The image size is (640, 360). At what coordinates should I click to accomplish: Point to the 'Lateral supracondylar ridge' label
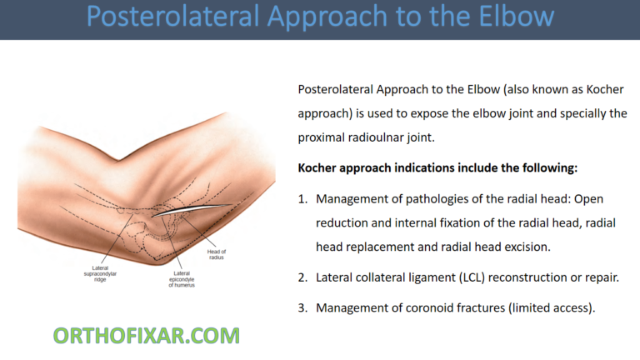click(112, 272)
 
